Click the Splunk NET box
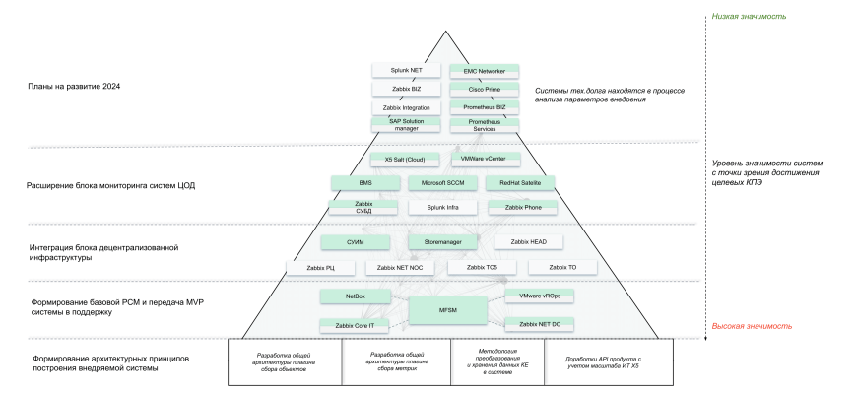pyautogui.click(x=406, y=71)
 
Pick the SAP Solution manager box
pyautogui.click(x=406, y=124)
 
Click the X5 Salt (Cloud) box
pyautogui.click(x=405, y=160)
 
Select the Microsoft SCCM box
pyautogui.click(x=442, y=182)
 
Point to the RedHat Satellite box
pyautogui.click(x=520, y=182)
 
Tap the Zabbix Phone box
pyautogui.click(x=520, y=207)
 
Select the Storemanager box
pyautogui.click(x=442, y=241)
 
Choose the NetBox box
pyautogui.click(x=356, y=295)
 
